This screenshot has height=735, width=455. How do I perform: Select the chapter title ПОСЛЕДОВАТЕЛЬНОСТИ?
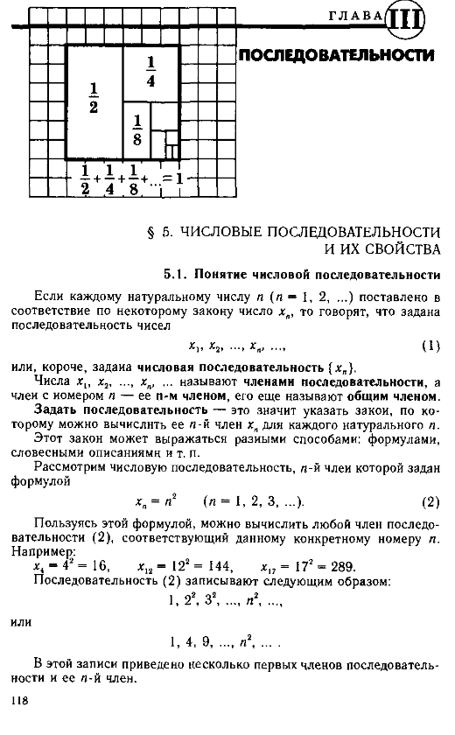pos(337,56)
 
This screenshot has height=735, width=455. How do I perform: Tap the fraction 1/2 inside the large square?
pos(94,97)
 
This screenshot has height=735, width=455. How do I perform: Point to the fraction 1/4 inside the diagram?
pos(150,73)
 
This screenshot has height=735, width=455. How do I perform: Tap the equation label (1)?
pos(430,345)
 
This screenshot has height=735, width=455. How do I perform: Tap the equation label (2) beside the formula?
pos(430,502)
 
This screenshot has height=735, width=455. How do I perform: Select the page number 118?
pos(21,700)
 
